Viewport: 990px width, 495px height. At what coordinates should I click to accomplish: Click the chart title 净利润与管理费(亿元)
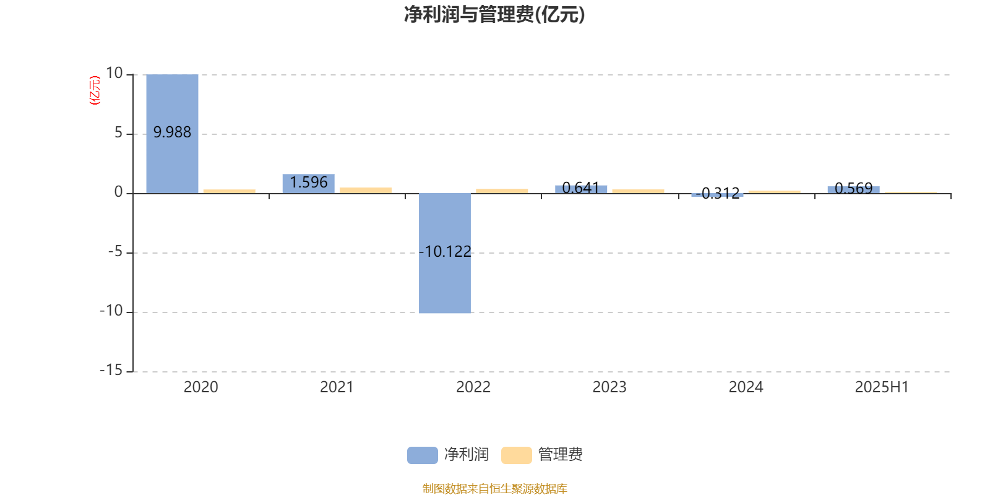coord(494,15)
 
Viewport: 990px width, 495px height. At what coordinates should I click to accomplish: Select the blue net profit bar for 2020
coord(173,134)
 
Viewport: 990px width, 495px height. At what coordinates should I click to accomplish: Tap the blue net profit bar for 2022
coord(445,253)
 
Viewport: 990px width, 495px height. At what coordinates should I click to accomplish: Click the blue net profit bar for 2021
coord(309,184)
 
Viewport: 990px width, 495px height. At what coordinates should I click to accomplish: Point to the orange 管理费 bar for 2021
coord(366,191)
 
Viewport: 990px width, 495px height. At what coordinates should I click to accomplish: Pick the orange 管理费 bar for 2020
coord(230,191)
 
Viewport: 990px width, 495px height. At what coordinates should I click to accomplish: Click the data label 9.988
coord(173,132)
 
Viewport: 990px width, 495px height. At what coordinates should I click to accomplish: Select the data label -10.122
coord(445,251)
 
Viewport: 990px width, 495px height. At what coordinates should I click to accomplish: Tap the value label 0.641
coord(581,188)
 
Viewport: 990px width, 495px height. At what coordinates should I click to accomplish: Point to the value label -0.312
coord(718,193)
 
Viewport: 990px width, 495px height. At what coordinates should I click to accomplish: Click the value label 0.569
coord(853,189)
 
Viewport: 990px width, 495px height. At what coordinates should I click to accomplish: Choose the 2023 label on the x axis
coord(609,387)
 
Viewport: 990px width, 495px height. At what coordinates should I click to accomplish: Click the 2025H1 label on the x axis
coord(882,387)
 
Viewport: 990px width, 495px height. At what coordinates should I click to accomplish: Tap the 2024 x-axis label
coord(746,387)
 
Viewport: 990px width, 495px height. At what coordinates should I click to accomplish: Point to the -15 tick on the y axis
coord(111,371)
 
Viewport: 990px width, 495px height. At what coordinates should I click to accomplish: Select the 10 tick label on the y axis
coord(114,74)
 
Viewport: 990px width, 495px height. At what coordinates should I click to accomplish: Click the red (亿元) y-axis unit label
coord(95,90)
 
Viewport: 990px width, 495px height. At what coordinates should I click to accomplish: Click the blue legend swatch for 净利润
coord(423,455)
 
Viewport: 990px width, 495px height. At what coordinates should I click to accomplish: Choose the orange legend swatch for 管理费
coord(516,455)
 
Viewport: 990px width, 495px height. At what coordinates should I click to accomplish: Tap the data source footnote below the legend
coord(494,488)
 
